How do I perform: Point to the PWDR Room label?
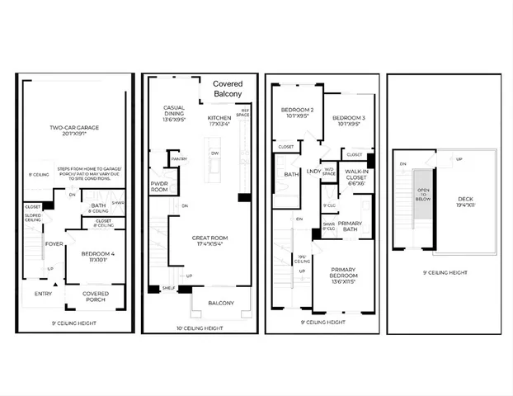pos(159,187)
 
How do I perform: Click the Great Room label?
pos(210,240)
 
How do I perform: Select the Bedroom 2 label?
pos(295,112)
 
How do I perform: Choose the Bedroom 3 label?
pos(347,121)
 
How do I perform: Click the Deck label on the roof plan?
pos(464,201)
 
